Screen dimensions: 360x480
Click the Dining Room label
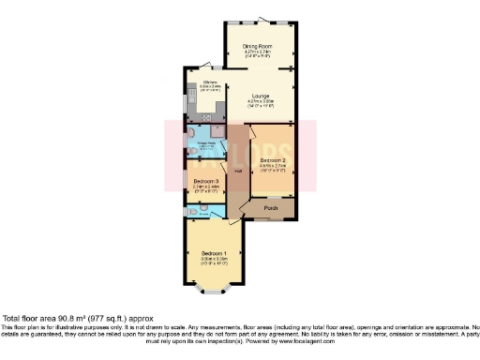(259, 45)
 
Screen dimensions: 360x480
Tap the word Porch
(271, 207)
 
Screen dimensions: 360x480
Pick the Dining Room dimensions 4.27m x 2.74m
(259, 52)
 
